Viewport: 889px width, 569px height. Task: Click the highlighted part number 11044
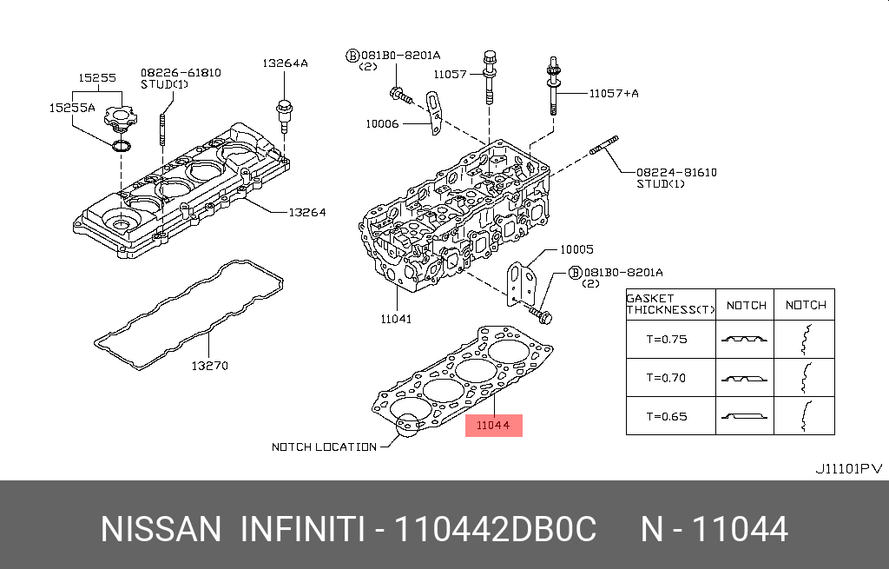493,426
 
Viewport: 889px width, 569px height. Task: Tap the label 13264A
285,63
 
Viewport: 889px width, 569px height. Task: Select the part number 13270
210,366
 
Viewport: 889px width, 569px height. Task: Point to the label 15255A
72,108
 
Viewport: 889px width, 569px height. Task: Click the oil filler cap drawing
120,117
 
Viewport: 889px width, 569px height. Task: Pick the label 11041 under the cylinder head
396,319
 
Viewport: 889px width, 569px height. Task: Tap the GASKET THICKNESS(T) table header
670,304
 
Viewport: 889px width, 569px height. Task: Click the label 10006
382,123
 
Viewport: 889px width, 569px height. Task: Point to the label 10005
576,249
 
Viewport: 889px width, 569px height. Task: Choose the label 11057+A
614,93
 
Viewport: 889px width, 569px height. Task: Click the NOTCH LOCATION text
325,447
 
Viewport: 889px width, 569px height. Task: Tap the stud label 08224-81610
676,172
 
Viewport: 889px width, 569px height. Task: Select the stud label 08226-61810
181,73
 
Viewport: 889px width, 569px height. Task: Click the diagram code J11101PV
849,469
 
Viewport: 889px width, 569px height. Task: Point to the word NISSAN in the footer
161,529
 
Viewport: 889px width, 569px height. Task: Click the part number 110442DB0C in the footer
495,529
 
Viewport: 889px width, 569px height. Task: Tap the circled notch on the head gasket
408,425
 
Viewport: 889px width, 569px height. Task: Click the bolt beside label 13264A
284,116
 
